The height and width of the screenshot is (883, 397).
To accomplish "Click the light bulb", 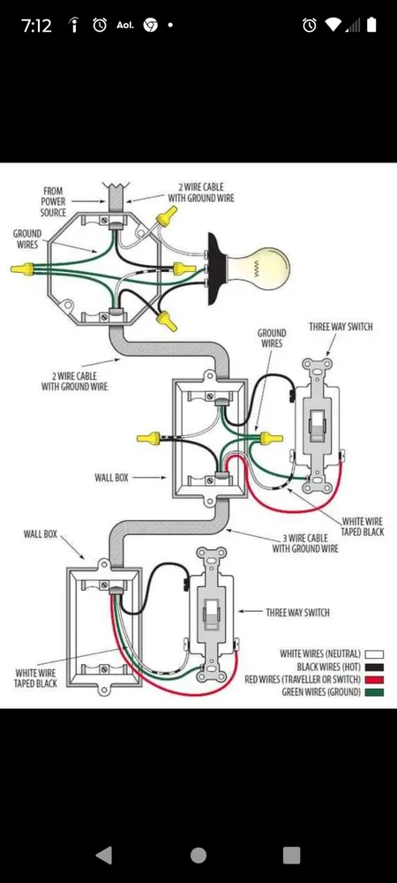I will [262, 268].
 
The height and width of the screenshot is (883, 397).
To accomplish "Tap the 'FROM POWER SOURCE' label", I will [53, 201].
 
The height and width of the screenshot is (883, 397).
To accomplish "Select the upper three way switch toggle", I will [314, 428].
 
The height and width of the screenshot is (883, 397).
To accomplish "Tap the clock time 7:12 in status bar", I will [36, 26].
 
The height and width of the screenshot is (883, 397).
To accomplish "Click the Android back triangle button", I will [104, 854].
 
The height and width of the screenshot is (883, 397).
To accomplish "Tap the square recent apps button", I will [292, 854].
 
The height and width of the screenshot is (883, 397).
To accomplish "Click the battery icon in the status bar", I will [372, 26].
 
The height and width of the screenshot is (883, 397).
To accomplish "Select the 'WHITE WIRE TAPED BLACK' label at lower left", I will [37, 677].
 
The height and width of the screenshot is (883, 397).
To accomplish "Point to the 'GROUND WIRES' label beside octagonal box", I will [26, 238].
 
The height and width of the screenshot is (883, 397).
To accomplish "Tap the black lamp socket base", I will [214, 268].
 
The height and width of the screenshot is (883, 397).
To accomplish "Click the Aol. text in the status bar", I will [124, 26].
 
